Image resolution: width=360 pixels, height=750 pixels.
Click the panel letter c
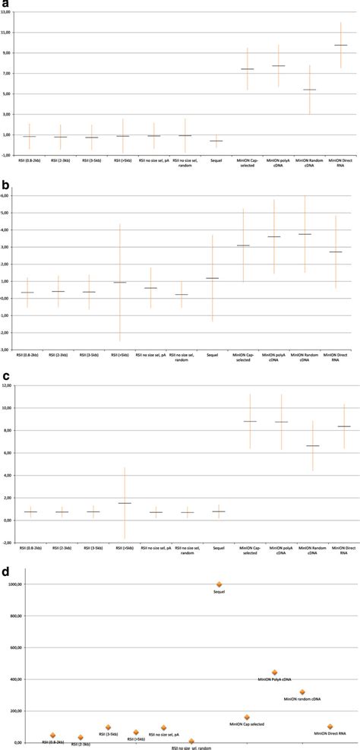(x=6, y=375)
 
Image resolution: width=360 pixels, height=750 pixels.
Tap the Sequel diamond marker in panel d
(x=219, y=584)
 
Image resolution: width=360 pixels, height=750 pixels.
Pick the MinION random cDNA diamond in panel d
(x=302, y=692)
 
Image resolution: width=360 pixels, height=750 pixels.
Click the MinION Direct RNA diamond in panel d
(x=330, y=726)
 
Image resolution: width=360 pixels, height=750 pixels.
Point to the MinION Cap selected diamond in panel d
(x=247, y=717)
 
